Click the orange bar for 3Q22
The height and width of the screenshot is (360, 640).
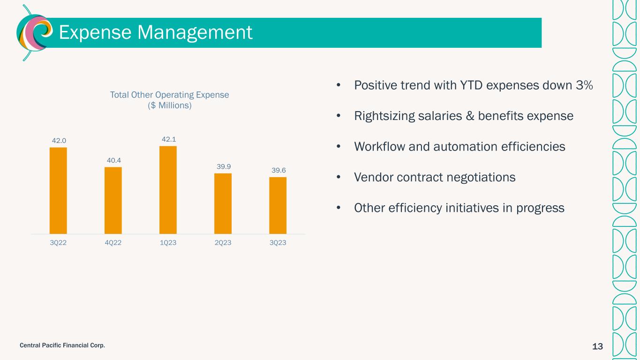[x=58, y=191]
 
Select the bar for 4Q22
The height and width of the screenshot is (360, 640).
[x=113, y=201]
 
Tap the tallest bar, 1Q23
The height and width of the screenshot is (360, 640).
[x=168, y=190]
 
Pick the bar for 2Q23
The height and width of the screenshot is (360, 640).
[x=223, y=204]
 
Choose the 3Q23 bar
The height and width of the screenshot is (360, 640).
[x=278, y=205]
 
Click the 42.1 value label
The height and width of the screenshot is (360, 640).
[x=169, y=139]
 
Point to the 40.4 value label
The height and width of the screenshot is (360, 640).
[x=114, y=161]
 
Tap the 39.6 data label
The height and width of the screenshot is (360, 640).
[x=279, y=170]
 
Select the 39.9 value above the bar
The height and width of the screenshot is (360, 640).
[x=224, y=166]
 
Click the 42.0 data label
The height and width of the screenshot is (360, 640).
[x=59, y=141]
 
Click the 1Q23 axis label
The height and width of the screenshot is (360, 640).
[x=168, y=242]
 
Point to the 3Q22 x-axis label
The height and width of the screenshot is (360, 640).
[x=58, y=242]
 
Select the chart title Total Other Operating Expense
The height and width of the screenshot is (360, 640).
[x=169, y=95]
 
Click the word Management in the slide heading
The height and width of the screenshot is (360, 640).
[x=195, y=32]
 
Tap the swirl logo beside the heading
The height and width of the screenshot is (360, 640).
[x=35, y=33]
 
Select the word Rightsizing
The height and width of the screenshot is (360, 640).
[x=384, y=116]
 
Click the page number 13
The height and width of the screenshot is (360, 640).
[x=597, y=346]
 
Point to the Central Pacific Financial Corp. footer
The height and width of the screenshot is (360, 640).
[x=62, y=345]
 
